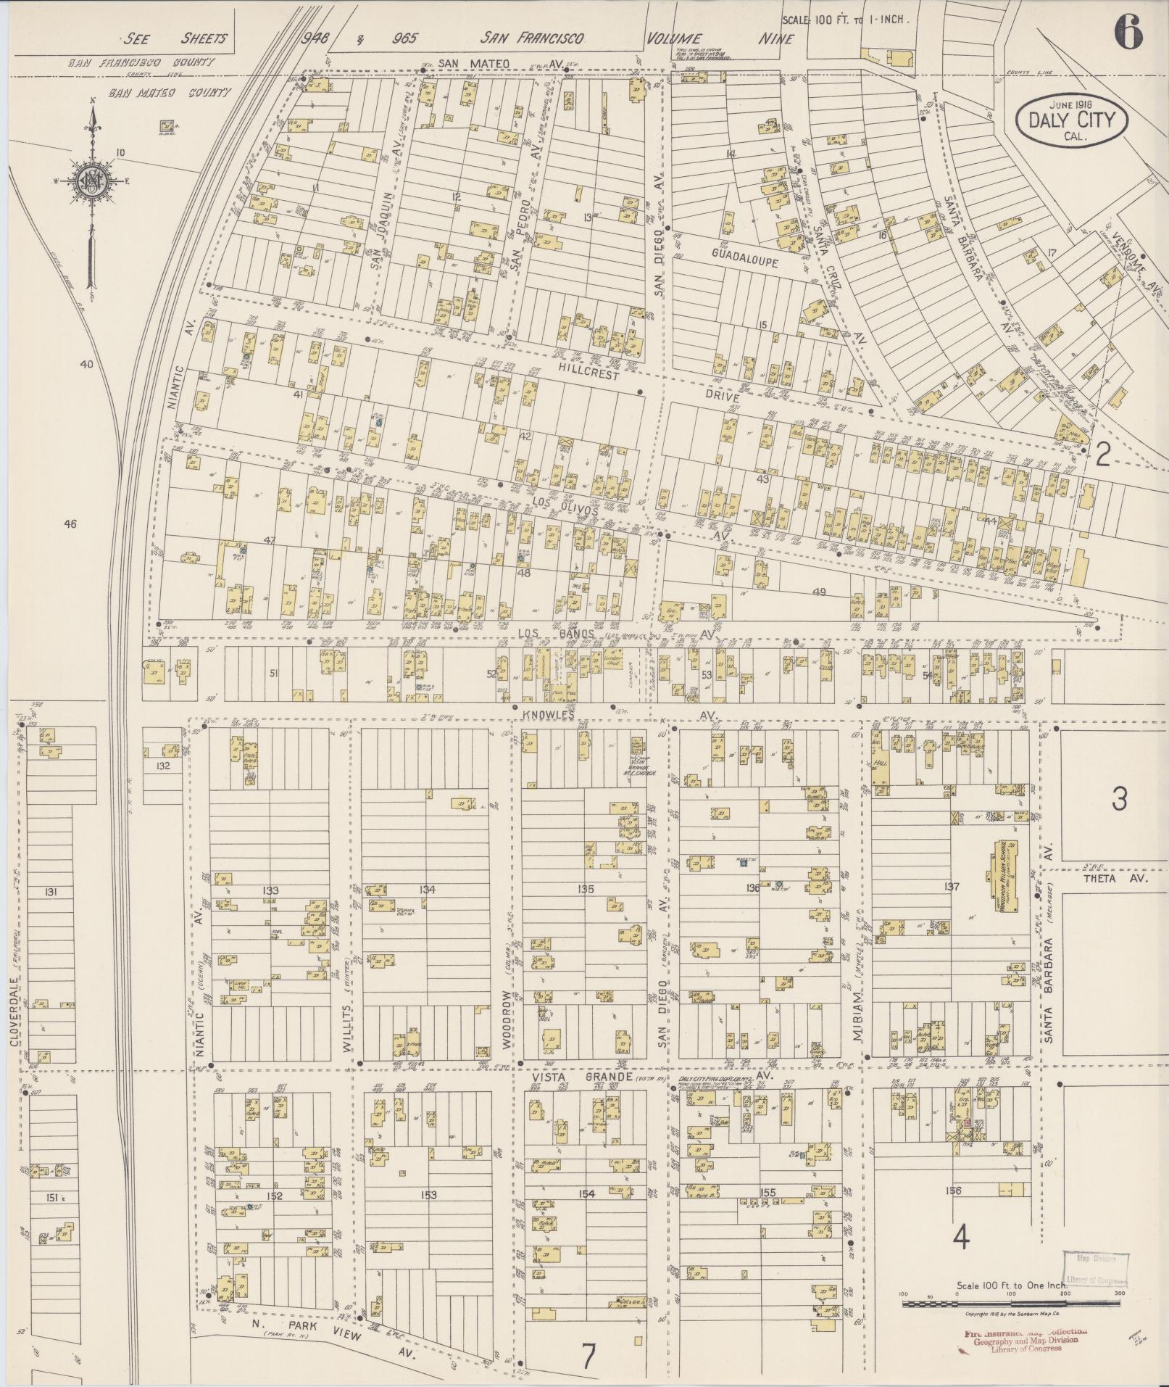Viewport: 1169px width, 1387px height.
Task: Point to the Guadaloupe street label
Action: [744, 257]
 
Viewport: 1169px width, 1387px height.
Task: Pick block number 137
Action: [952, 886]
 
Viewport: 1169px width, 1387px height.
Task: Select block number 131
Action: [50, 891]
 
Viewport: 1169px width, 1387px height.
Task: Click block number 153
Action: [428, 1194]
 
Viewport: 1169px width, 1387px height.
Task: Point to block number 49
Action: [818, 592]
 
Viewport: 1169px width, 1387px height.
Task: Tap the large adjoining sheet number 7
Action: [588, 1357]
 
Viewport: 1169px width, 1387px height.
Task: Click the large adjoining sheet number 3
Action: [1119, 799]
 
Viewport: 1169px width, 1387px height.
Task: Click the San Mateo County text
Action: [169, 92]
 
